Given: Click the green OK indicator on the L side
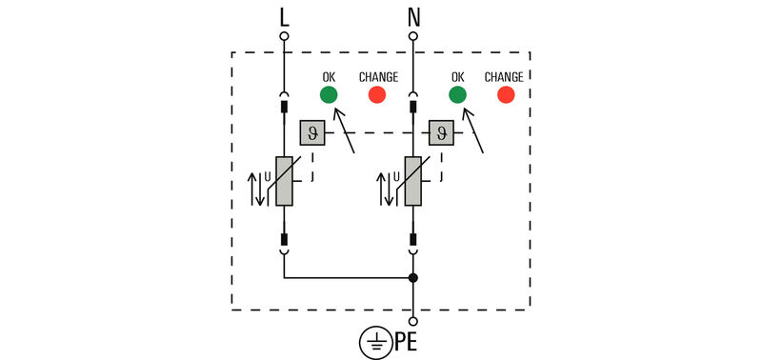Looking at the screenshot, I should [x=328, y=94].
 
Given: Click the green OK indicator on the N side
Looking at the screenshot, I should [x=457, y=94].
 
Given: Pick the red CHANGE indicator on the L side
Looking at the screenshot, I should [x=377, y=94].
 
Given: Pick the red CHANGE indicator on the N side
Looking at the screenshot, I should [x=505, y=94].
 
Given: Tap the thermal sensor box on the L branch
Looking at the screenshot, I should [x=311, y=133].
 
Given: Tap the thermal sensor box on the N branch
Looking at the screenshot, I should [x=440, y=133].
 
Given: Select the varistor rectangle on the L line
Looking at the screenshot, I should [x=284, y=181].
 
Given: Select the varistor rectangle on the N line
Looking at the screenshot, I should [x=413, y=181].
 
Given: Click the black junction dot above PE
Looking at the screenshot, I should [x=413, y=278].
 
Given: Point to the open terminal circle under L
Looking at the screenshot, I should [x=284, y=36].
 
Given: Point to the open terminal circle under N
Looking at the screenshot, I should [x=413, y=36].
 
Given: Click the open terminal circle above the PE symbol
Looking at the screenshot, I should [x=413, y=322].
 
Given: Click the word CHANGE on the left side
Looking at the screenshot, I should [x=378, y=77].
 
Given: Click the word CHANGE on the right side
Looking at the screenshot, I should [x=504, y=77].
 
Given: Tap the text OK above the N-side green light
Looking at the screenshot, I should [x=457, y=77].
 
